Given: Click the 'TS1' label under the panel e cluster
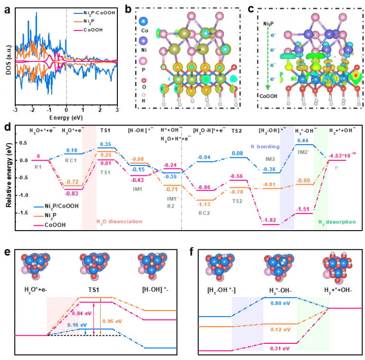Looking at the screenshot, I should pyautogui.click(x=95, y=289).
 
